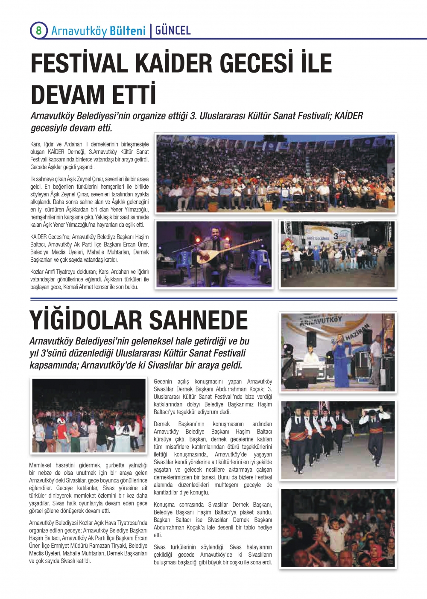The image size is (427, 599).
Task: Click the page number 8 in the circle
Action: tap(38, 31)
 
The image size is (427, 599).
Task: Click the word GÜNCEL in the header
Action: tap(173, 31)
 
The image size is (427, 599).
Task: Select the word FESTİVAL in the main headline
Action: tap(79, 63)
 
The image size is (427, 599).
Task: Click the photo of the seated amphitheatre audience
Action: tap(275, 173)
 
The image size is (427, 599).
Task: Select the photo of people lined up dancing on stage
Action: tap(337, 254)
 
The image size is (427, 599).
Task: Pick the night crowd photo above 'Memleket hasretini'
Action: tap(89, 415)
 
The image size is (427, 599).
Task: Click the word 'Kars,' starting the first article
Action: tap(36, 144)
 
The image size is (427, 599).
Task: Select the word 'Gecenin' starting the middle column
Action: tap(163, 382)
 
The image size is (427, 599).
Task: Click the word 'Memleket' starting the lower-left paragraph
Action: tap(41, 465)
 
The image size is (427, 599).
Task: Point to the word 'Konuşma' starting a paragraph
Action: tap(164, 505)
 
